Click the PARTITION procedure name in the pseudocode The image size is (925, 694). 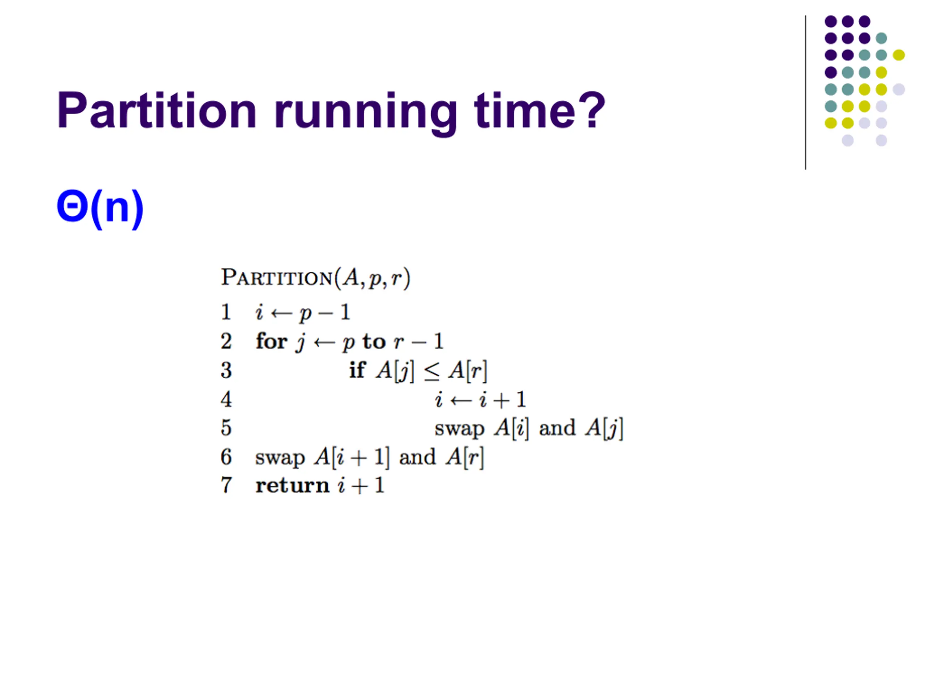coord(277,278)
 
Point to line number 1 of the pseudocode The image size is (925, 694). coord(226,312)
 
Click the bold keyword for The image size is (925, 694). coord(271,341)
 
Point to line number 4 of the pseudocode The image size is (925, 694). coord(226,399)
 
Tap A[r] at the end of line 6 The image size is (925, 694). coord(465,457)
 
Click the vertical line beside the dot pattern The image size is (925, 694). coord(805,93)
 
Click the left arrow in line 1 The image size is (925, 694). coord(281,313)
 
